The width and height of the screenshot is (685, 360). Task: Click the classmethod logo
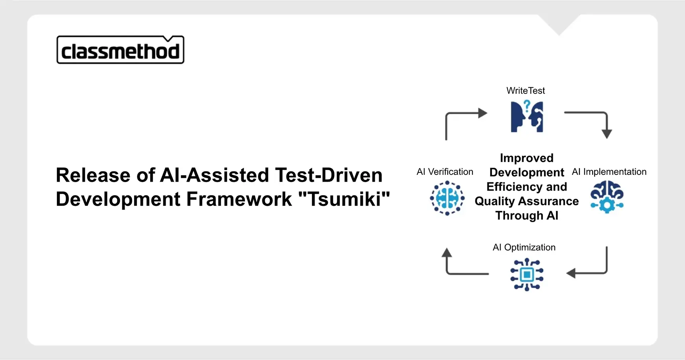(x=120, y=50)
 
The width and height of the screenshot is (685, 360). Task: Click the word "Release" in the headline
(x=93, y=175)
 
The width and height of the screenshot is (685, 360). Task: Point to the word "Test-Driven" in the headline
(x=329, y=175)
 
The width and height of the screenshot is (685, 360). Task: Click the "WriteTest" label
(x=526, y=91)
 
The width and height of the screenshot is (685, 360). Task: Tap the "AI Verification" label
(x=445, y=172)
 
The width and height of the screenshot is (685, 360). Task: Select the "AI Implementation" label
(x=609, y=172)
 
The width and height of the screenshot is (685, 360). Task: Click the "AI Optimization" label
(x=524, y=247)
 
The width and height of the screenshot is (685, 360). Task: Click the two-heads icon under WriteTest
(x=527, y=116)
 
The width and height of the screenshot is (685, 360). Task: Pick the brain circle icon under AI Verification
(x=447, y=198)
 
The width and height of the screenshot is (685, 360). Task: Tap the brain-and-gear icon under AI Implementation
(x=607, y=197)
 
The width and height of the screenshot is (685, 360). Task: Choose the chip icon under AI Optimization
(x=527, y=274)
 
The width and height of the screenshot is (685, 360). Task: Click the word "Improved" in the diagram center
(x=527, y=158)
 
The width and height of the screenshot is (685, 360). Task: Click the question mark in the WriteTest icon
(x=527, y=106)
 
